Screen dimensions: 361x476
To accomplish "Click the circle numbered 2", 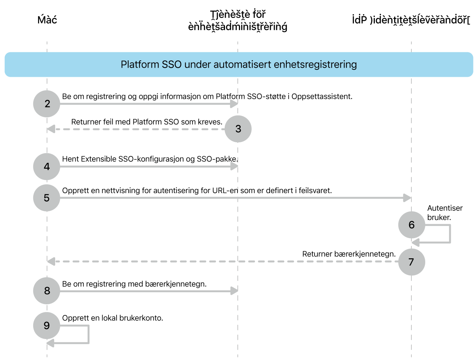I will pos(47,104).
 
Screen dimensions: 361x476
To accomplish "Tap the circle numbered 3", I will pos(238,129).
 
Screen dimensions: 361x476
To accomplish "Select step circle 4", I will pos(47,167).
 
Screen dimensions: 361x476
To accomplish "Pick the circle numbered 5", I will pos(47,198).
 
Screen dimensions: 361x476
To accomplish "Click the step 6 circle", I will pos(411,225).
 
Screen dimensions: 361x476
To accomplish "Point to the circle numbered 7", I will pos(411,262).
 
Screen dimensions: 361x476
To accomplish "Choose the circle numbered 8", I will pos(47,291).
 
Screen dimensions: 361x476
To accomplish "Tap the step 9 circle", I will pos(47,326).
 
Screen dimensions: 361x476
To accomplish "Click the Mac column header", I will pos(47,20).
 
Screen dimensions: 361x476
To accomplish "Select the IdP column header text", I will pos(411,20).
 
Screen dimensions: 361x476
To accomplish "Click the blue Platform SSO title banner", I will pos(239,64).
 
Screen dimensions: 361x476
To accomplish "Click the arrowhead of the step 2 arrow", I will pos(234,104).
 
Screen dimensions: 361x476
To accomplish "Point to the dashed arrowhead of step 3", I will pos(51,129).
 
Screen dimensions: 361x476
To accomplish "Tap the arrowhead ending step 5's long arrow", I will pos(407,198).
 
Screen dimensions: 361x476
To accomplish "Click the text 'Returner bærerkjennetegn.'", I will pos(349,254).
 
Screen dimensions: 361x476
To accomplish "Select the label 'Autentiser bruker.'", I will pos(445,213).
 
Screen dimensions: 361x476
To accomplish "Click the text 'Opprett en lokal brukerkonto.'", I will pos(113,318).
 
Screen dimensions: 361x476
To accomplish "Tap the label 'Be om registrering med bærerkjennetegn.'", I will pos(134,284).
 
